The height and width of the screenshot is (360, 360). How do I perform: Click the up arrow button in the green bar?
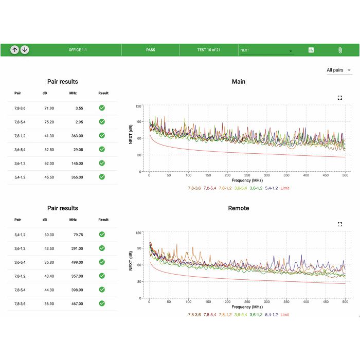tap(14, 50)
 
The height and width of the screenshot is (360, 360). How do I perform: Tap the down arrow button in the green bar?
tap(25, 50)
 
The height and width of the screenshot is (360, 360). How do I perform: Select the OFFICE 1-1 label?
tap(78, 50)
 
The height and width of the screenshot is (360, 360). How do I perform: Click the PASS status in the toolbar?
tap(151, 50)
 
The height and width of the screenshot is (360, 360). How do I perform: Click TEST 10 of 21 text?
tap(209, 50)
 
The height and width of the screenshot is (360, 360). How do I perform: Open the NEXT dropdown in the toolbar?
tap(266, 50)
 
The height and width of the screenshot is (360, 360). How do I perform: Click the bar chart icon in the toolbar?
tap(311, 50)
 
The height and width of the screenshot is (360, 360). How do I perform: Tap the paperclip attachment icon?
tap(340, 50)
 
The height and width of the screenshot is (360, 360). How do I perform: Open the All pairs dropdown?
tap(339, 70)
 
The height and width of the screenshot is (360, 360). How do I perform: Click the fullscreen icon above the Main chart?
tap(340, 98)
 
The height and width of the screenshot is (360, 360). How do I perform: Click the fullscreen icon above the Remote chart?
tap(340, 224)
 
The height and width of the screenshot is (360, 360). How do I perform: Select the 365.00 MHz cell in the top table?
tap(77, 177)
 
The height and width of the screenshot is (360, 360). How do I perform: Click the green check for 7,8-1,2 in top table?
tap(102, 135)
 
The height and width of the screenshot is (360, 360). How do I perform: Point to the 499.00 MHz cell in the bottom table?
tap(77, 262)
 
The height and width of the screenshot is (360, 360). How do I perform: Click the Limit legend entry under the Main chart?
tap(285, 188)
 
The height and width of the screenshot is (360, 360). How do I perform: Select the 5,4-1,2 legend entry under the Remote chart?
tap(271, 315)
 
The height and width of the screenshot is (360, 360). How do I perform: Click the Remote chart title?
tap(239, 208)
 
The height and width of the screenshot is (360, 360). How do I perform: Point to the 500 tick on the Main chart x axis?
tap(345, 175)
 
